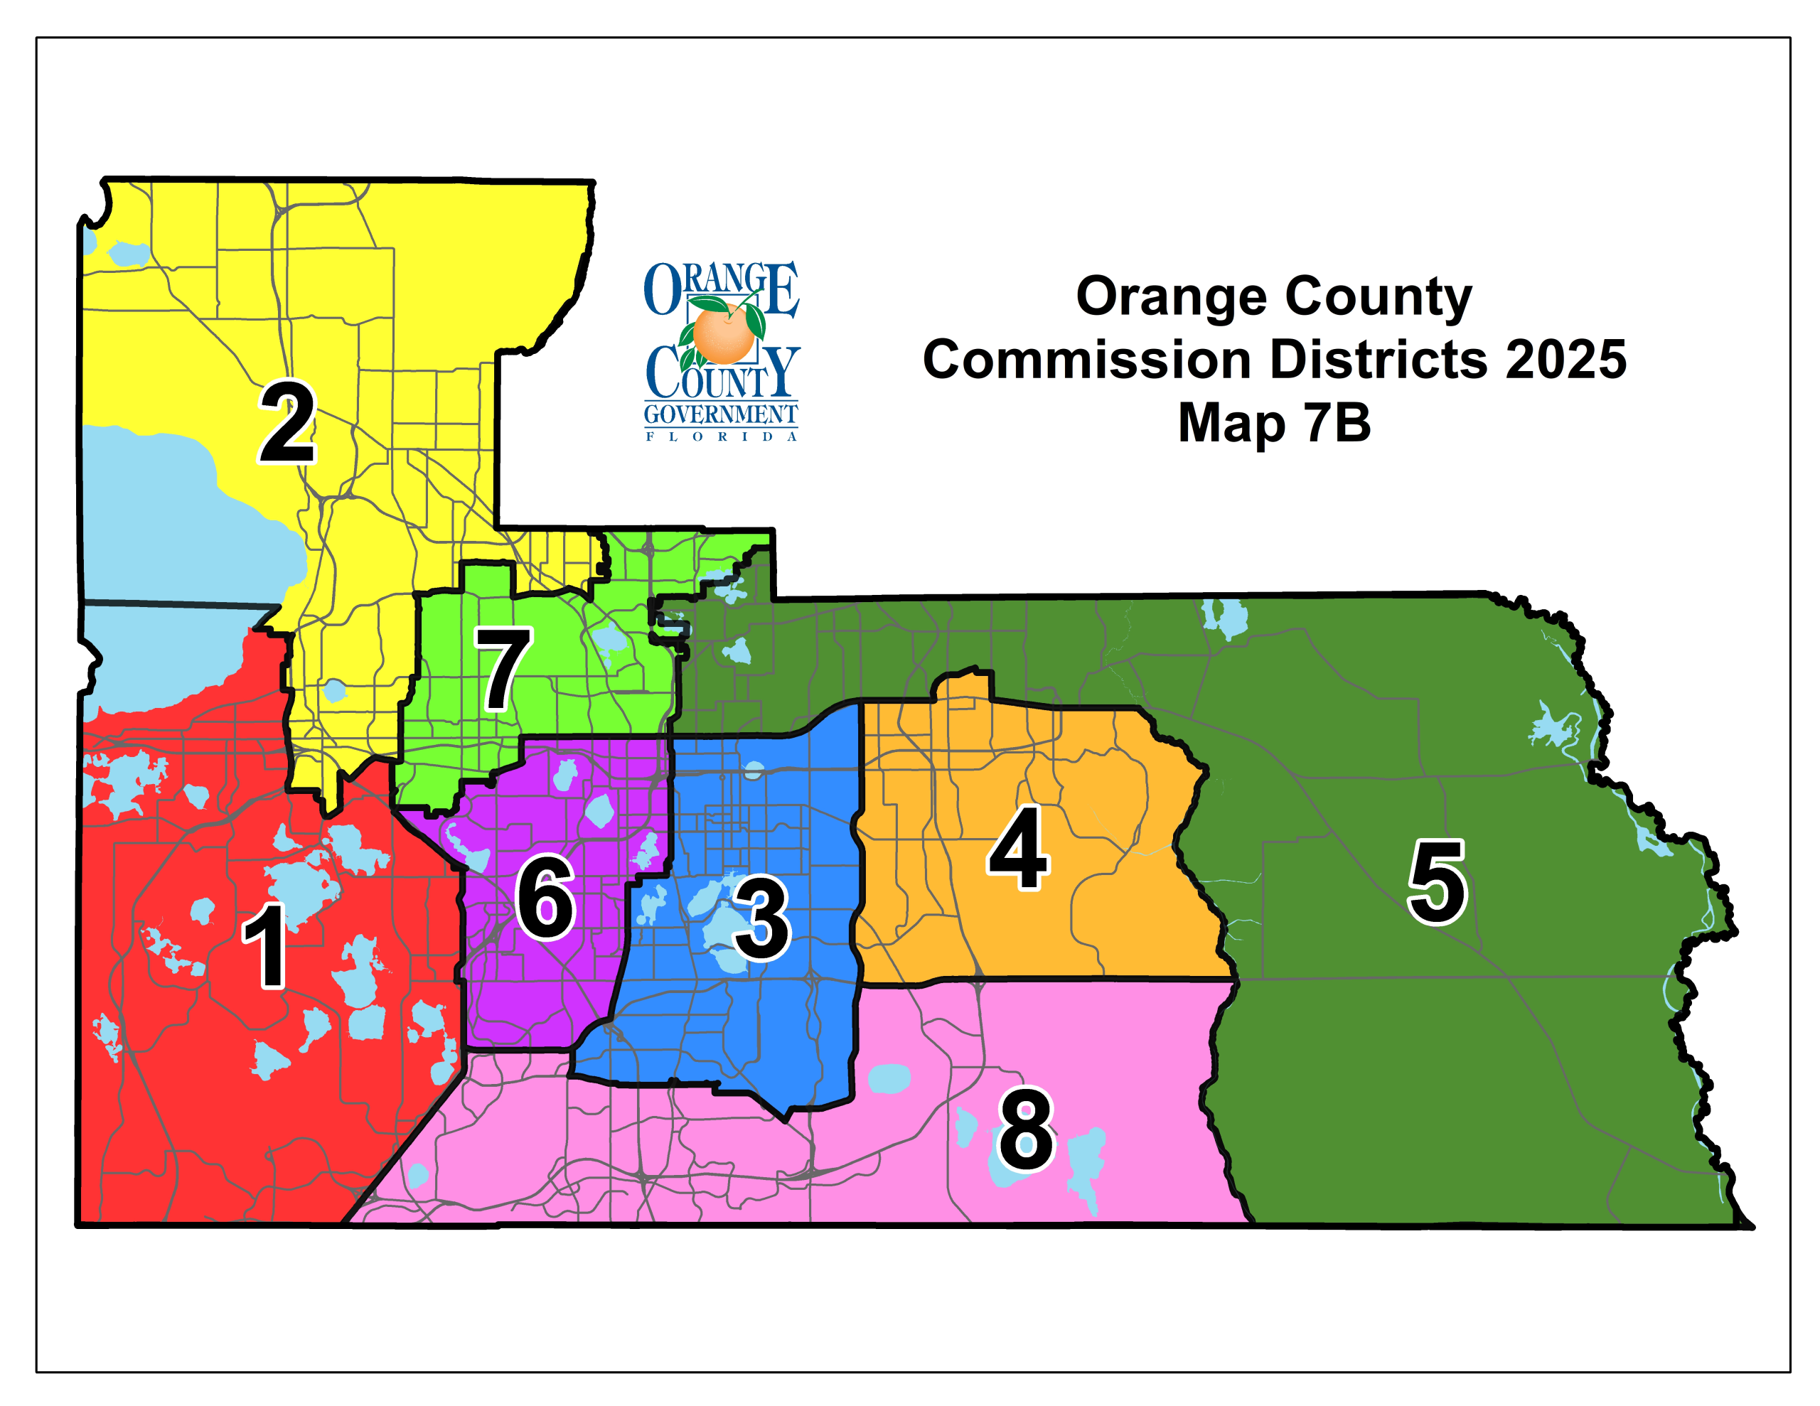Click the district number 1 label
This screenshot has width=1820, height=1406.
[266, 947]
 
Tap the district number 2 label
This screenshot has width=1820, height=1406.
[287, 422]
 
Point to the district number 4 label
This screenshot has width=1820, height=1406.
[1018, 849]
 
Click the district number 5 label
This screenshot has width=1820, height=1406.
[1437, 883]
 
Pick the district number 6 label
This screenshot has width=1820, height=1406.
[546, 898]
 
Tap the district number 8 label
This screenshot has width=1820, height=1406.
[1026, 1130]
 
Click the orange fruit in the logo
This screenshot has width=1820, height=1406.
[722, 333]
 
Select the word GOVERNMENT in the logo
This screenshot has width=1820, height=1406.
[721, 414]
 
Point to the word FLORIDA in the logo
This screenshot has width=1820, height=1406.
[721, 436]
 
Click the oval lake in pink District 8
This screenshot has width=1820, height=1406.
[889, 1079]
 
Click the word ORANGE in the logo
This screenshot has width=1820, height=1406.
[721, 289]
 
